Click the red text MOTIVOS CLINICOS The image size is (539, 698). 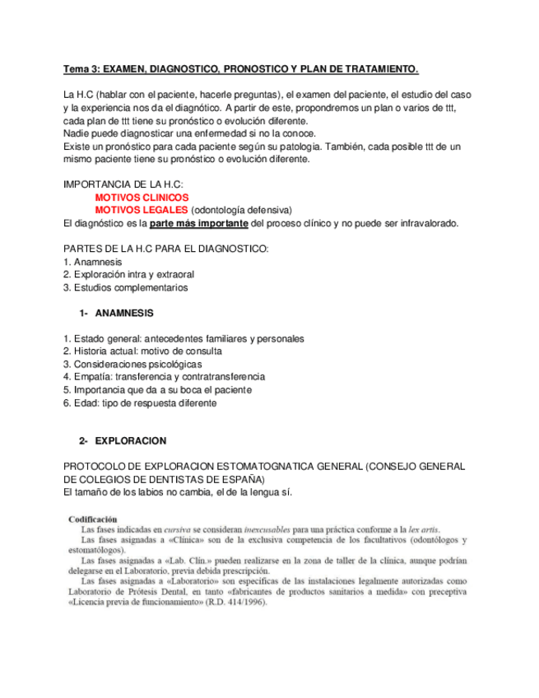coord(142,198)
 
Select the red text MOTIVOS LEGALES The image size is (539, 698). coord(142,210)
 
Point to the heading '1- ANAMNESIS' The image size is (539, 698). coord(116,313)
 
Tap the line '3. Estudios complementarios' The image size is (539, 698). coord(125,287)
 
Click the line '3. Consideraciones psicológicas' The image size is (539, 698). coord(132,364)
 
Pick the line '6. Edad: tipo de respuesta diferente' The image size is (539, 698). coord(140,403)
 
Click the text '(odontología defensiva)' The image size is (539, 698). coord(247,210)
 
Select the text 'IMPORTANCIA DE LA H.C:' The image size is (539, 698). coord(123,184)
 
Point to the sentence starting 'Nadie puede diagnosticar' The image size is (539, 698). coord(189,133)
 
